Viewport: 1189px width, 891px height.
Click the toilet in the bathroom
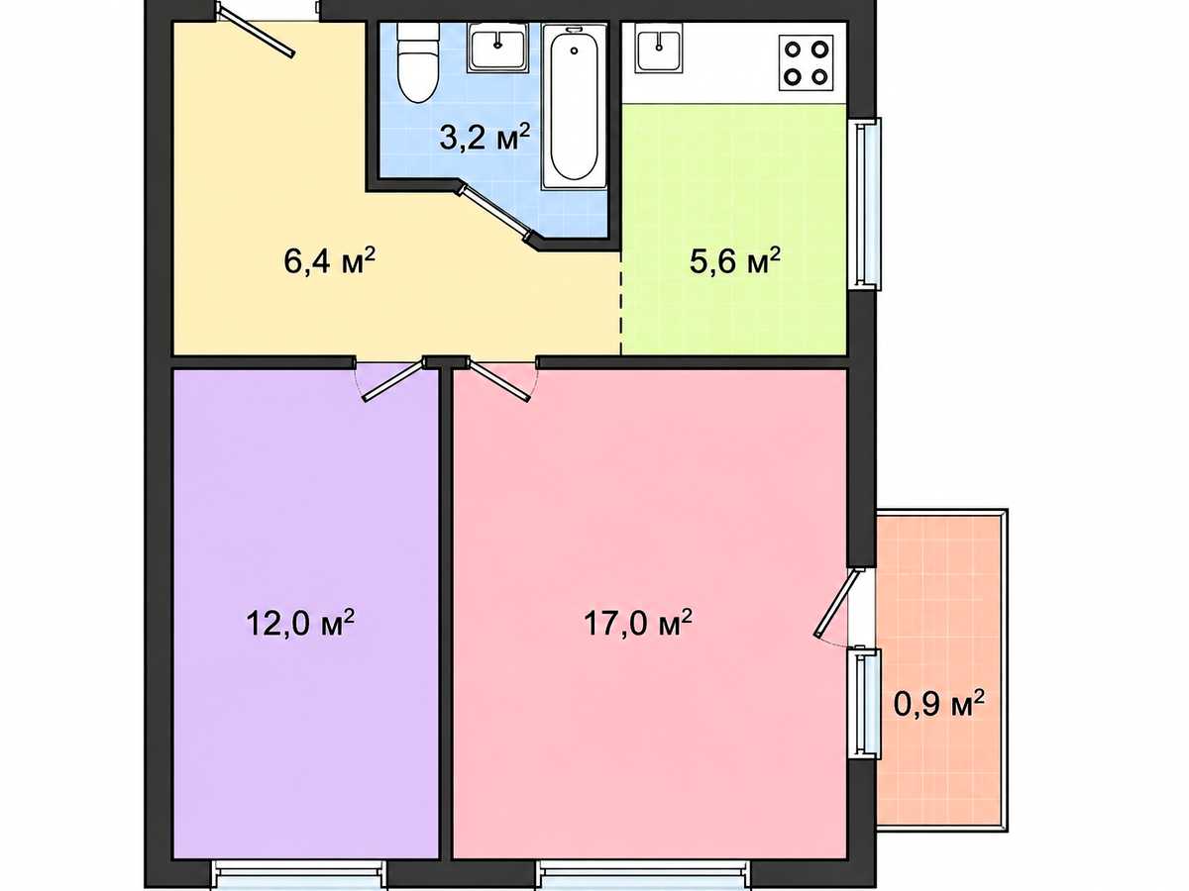417,62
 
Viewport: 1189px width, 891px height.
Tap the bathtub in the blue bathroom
574,107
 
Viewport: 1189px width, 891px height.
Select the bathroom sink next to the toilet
497,49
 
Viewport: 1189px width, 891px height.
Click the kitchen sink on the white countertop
659,49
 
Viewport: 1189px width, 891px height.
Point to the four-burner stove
806,62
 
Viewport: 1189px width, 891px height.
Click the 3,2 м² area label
485,137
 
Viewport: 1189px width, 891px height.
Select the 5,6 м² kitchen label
735,260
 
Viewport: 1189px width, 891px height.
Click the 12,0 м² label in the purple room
300,623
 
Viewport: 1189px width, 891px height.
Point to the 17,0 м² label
638,623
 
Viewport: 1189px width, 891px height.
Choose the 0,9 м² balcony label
938,704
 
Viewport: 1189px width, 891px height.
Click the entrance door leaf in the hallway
255,31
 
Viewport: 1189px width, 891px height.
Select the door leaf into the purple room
394,381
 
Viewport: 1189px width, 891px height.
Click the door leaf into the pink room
499,381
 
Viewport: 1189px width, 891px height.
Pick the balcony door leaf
837,602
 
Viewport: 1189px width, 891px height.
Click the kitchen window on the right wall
868,203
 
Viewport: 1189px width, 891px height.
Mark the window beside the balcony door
868,703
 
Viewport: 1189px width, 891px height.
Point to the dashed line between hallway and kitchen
621,304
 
